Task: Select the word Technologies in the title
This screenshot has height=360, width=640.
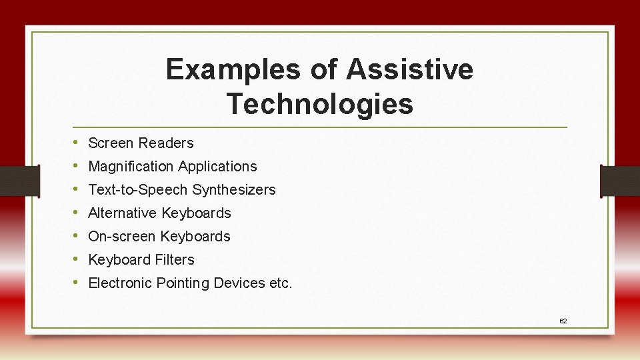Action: click(x=319, y=104)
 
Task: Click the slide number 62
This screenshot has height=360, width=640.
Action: click(x=563, y=321)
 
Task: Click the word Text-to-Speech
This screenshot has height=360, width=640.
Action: click(x=139, y=190)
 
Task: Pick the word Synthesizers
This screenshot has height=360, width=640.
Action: click(x=234, y=190)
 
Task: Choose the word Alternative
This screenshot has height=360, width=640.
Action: click(x=123, y=213)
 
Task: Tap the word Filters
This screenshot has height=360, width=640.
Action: click(x=175, y=260)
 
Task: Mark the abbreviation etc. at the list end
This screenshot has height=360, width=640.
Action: click(x=281, y=283)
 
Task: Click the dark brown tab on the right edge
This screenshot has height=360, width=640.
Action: click(x=620, y=181)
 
